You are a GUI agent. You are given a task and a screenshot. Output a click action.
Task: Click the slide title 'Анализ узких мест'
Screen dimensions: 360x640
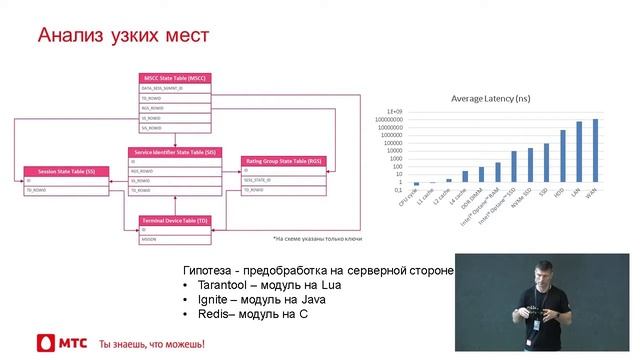[x=123, y=37]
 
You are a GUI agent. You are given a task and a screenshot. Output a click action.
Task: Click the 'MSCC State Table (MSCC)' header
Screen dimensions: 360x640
[x=175, y=77]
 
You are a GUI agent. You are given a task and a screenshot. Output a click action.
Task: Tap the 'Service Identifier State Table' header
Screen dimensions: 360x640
[x=175, y=152]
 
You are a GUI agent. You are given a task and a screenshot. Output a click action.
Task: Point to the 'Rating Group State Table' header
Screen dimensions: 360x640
[x=283, y=160]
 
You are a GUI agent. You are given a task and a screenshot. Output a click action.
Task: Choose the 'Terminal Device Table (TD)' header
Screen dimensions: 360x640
[x=175, y=218]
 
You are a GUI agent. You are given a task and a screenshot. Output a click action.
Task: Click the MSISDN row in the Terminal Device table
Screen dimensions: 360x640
[x=150, y=239]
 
